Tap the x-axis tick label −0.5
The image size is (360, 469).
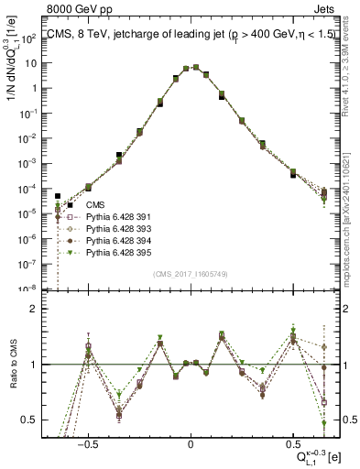[x=87, y=442]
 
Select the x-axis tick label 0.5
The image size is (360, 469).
[x=292, y=442]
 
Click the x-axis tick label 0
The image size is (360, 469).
[x=190, y=442]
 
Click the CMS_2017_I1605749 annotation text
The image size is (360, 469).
[x=191, y=273]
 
